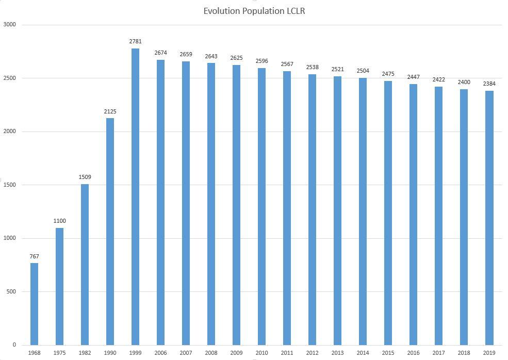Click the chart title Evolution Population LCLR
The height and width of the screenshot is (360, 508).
coord(254,11)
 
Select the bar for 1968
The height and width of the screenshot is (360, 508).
coord(34,304)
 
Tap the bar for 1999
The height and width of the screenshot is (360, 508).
coord(135,197)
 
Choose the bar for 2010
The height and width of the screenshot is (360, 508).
coord(261,206)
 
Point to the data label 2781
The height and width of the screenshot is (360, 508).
coord(135,41)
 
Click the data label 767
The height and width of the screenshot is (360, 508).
coord(34,256)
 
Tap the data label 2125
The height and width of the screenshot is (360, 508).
coord(110,111)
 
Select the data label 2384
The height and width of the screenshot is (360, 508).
coord(489,84)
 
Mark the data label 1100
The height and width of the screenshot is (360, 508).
coord(59,221)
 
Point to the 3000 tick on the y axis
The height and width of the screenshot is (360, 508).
coord(9,25)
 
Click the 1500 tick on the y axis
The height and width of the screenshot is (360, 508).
coord(9,185)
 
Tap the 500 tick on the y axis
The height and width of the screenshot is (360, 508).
coord(10,291)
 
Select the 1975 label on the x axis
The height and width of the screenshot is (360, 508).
coord(59,353)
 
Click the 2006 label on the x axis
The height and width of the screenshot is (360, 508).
coord(160,353)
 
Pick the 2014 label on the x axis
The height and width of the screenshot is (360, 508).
coord(363,353)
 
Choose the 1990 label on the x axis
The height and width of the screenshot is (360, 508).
coord(110,353)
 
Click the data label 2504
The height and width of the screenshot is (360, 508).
coord(363,71)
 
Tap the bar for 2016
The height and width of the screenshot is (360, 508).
coord(413,215)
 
